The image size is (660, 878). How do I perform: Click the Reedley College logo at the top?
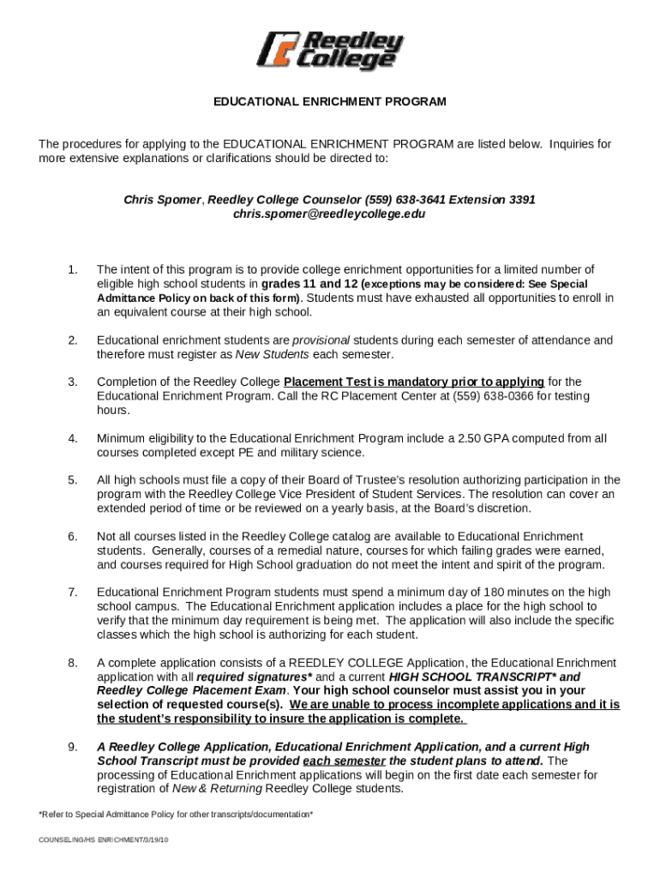(329, 51)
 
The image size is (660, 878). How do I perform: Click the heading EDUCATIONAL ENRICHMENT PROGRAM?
(330, 101)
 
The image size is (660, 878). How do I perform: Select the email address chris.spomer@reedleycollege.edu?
(329, 214)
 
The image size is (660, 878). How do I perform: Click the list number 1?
(73, 270)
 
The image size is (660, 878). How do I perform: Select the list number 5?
(73, 480)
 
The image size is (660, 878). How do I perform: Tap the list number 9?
(73, 747)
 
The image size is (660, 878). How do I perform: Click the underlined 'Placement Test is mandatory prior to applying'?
(414, 382)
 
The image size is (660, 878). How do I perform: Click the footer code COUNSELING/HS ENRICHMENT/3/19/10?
(104, 840)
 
